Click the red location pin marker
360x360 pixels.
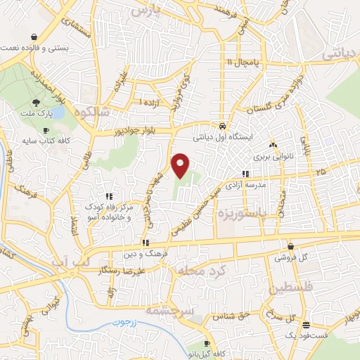click(x=181, y=165)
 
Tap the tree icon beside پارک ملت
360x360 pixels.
click(x=36, y=103)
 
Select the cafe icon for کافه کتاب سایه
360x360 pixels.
click(x=46, y=130)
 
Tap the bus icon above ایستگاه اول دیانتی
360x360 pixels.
click(x=223, y=118)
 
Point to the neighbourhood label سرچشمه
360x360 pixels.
click(x=167, y=309)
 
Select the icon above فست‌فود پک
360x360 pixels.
click(x=306, y=325)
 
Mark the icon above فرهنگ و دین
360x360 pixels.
click(x=145, y=242)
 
